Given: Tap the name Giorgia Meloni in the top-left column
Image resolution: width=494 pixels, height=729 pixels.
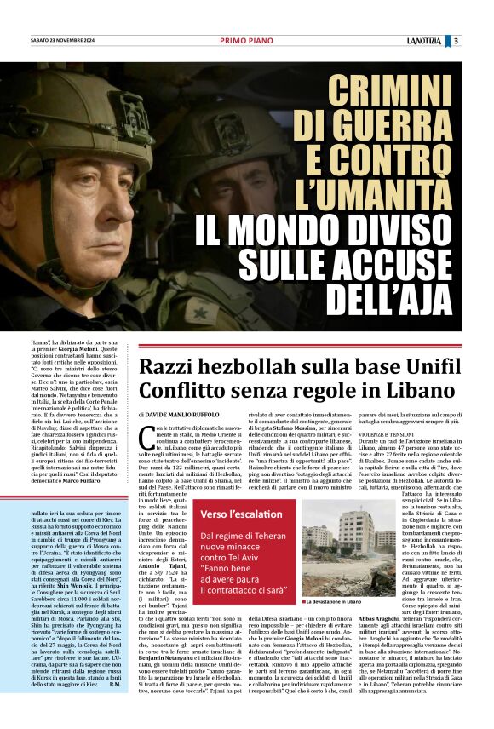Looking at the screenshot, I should pyautogui.click(x=91, y=350).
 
